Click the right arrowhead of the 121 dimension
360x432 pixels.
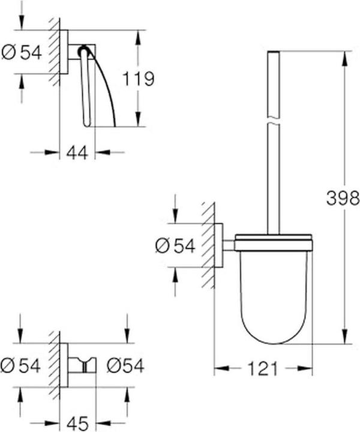pos(309,367)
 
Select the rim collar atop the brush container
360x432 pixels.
pos(273,244)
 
